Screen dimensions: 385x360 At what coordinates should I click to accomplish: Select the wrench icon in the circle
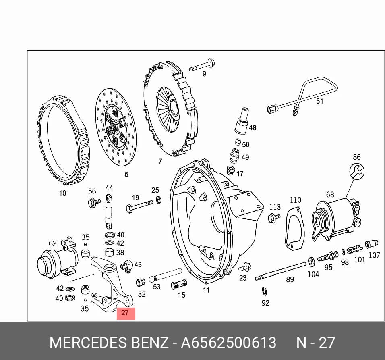point(357,171)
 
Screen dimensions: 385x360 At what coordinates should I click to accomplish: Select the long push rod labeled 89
point(280,271)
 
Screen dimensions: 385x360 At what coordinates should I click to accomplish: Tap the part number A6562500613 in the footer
point(229,342)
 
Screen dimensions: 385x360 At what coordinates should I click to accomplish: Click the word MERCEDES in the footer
point(89,342)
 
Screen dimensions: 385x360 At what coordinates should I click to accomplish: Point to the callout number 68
point(330,194)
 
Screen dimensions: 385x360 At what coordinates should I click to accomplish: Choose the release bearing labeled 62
point(57,257)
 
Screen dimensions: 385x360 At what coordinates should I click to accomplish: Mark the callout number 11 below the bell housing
point(206,290)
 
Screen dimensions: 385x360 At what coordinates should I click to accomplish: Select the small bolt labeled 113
point(274,218)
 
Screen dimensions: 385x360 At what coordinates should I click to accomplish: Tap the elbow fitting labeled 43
point(127,266)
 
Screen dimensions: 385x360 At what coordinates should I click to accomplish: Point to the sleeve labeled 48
point(241,121)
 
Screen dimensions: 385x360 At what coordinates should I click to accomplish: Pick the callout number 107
point(375,255)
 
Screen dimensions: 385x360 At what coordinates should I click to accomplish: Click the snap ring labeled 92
point(265,291)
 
